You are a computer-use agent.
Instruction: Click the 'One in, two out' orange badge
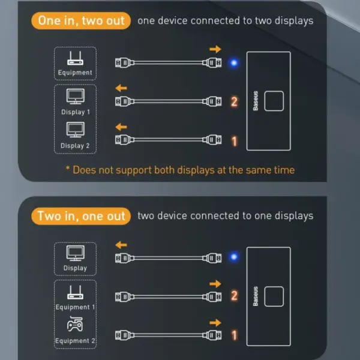(81, 21)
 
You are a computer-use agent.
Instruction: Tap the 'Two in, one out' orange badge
(81, 216)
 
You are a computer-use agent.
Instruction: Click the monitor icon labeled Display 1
(75, 97)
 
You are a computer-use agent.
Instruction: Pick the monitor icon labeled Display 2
(75, 130)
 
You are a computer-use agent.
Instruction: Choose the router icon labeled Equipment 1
(75, 292)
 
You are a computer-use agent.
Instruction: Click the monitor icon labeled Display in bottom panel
(75, 253)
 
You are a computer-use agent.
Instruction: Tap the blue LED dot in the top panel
(234, 62)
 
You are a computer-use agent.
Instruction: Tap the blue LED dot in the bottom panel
(234, 257)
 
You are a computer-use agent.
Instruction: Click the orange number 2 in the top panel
(235, 102)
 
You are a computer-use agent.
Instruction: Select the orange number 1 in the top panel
(235, 141)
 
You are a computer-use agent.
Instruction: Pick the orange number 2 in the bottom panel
(235, 295)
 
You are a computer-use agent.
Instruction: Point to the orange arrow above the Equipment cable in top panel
(215, 49)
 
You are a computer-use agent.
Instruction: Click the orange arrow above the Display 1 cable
(121, 88)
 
